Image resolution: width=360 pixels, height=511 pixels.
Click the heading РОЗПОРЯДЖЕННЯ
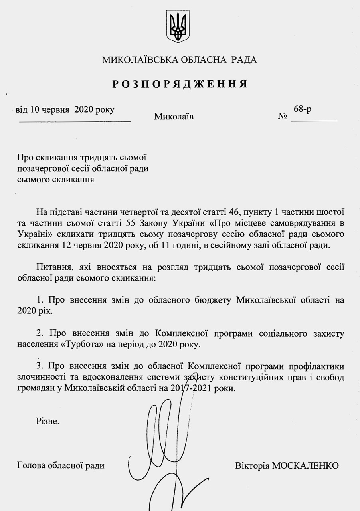click(180, 84)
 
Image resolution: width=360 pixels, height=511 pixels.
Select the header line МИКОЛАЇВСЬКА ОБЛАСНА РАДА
click(180, 60)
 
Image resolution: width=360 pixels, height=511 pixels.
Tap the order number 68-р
click(303, 109)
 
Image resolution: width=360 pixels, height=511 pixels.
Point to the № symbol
click(283, 117)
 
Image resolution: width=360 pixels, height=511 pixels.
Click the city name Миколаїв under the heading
click(174, 117)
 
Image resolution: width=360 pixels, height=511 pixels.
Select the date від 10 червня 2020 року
click(65, 109)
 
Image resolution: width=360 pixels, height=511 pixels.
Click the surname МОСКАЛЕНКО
click(305, 465)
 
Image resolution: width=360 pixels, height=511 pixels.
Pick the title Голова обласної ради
click(61, 465)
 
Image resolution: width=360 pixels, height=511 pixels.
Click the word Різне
click(47, 421)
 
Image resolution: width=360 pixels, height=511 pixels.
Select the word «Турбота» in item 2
click(83, 344)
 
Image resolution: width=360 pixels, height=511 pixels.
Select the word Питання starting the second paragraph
click(51, 267)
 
